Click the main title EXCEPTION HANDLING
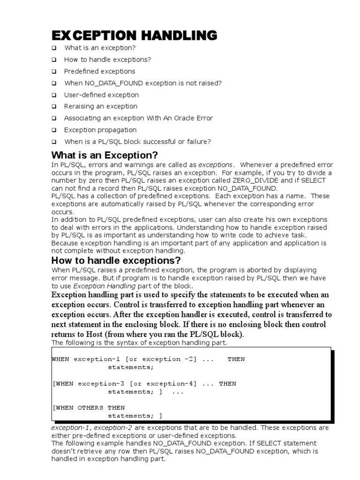coord(134,35)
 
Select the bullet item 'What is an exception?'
coord(100,48)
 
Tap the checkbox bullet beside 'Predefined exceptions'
coord(54,72)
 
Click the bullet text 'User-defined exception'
coord(101,95)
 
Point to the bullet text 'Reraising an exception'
coord(101,106)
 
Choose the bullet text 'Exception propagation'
coord(100,130)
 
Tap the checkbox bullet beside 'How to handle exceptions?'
coord(54,60)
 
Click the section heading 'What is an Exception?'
coord(105,155)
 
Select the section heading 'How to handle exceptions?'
coord(115,261)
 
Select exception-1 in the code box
coord(97,359)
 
